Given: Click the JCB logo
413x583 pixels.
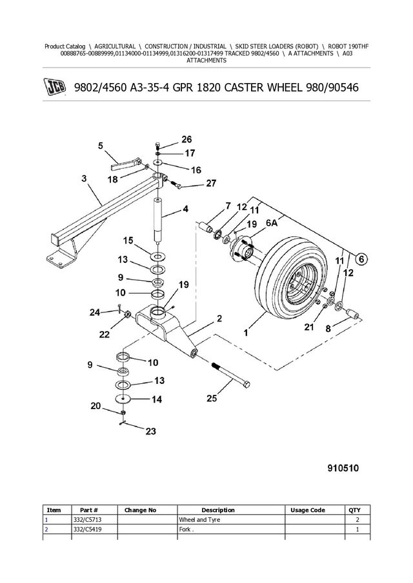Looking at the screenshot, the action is (x=55, y=88).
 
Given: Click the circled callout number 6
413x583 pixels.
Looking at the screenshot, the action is (x=361, y=259).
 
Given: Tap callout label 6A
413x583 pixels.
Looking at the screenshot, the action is (x=272, y=223).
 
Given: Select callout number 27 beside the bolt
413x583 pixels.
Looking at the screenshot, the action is (x=211, y=184).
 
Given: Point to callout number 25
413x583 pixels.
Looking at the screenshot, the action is (x=212, y=399).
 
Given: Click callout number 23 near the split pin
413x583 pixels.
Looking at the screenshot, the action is (x=150, y=432).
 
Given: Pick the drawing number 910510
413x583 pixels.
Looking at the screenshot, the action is (x=343, y=468).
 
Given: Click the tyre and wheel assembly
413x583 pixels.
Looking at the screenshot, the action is (x=291, y=278).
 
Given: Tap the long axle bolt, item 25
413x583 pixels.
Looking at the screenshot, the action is (x=230, y=375).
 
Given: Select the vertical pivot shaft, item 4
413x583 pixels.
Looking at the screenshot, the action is (x=158, y=220).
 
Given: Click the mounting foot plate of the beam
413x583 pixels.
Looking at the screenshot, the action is (x=61, y=255).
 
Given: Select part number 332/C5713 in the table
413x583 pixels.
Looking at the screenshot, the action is (x=86, y=520).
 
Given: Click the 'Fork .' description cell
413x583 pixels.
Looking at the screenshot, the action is (x=186, y=530).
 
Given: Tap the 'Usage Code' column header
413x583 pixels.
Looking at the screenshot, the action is (x=308, y=510).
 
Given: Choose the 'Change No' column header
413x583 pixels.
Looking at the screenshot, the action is (x=141, y=510).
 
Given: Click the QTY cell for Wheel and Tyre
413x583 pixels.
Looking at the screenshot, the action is (x=358, y=520).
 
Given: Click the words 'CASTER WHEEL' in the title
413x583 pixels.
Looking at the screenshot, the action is (x=262, y=88).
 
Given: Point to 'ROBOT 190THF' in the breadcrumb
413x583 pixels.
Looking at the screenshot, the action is (x=348, y=46).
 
